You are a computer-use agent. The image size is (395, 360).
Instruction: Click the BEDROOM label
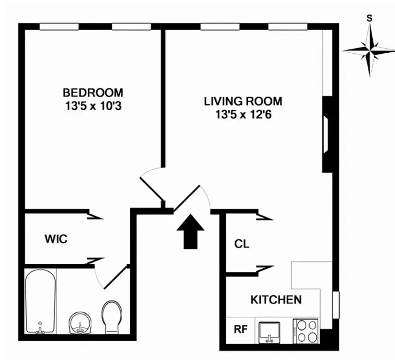pos(93,93)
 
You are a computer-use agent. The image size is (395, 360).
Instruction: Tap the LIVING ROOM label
pos(243,101)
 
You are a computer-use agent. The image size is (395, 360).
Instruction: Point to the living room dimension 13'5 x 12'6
pos(243,115)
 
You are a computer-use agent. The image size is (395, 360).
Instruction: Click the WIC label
pos(56,239)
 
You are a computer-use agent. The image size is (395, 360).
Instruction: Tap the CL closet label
pos(241,244)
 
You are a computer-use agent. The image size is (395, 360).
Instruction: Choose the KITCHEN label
pos(276,299)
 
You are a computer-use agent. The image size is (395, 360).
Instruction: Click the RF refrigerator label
pos(241,329)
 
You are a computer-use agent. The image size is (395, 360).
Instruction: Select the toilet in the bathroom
pos(111,317)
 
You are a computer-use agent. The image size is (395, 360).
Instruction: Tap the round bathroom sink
pos(81,323)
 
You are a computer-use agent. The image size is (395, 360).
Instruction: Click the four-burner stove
pos(306,331)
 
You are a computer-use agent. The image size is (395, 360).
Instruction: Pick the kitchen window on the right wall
pos(335,306)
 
